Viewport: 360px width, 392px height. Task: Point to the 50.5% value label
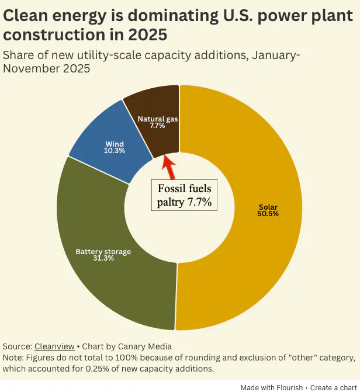pyautogui.click(x=268, y=214)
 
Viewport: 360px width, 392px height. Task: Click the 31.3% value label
pyautogui.click(x=103, y=258)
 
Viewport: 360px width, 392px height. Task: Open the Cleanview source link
pyautogui.click(x=53, y=346)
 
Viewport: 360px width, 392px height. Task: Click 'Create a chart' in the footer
pyautogui.click(x=333, y=387)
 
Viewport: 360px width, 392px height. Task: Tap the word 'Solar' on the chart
pyautogui.click(x=268, y=207)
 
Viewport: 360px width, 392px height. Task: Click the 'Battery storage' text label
pyautogui.click(x=103, y=252)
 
